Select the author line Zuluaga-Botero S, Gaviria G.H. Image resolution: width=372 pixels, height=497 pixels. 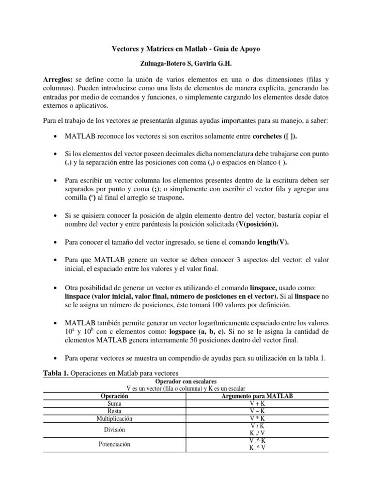[186, 64]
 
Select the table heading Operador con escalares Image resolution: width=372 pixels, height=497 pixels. [186, 381]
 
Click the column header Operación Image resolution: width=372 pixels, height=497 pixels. [115, 396]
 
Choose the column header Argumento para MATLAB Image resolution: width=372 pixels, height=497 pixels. [257, 396]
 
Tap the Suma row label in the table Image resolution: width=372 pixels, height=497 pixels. [115, 403]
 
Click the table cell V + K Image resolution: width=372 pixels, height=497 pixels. [257, 403]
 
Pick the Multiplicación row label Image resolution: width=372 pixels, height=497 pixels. [115, 418]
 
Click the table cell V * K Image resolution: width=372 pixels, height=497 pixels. [257, 418]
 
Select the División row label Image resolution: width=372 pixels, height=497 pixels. [115, 430]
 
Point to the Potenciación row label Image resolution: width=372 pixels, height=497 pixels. [115, 444]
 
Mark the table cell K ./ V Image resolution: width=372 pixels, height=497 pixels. [257, 433]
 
